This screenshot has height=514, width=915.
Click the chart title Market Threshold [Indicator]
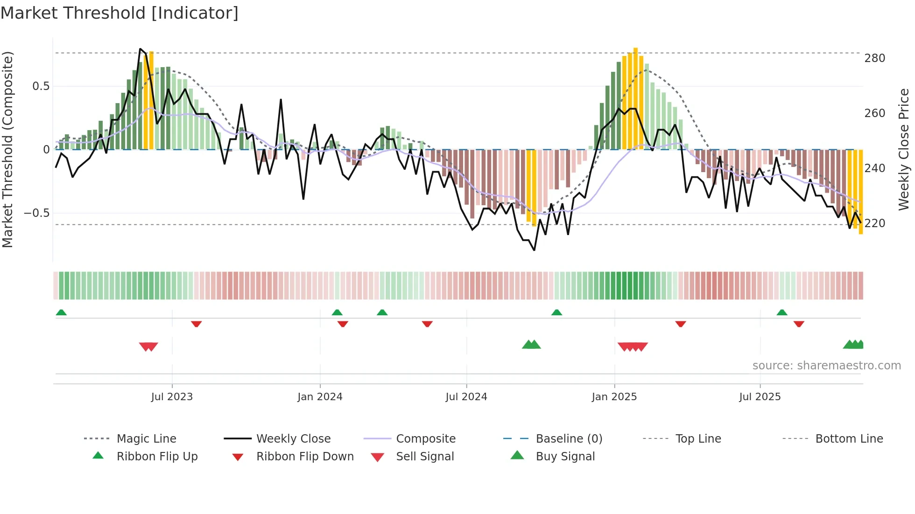click(120, 13)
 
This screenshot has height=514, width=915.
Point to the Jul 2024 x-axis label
click(466, 397)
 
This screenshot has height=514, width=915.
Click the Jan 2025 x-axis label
click(614, 397)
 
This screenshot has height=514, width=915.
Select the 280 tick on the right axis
click(874, 58)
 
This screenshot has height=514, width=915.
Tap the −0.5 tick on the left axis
click(36, 213)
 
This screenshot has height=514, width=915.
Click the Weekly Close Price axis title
click(904, 149)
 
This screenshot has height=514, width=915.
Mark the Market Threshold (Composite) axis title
click(8, 149)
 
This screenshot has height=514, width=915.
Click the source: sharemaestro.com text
click(826, 366)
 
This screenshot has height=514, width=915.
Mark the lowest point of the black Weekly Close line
click(534, 250)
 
